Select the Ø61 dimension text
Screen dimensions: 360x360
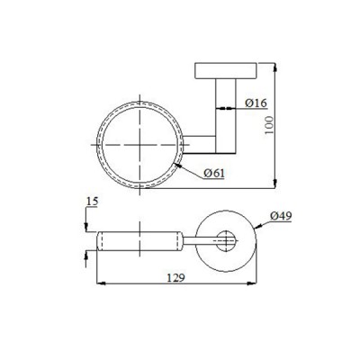(213, 173)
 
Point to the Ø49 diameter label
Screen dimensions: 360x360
(281, 217)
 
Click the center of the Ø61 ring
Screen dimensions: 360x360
(139, 144)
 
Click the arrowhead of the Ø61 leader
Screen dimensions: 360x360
(180, 164)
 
